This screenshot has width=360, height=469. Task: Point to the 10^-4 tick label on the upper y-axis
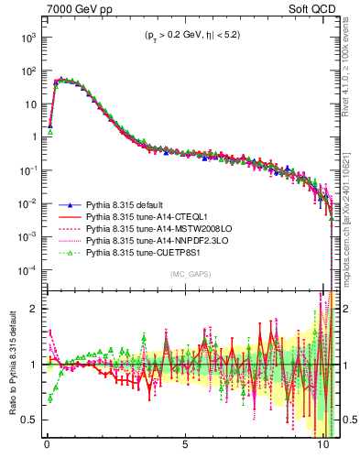point(28,269)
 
